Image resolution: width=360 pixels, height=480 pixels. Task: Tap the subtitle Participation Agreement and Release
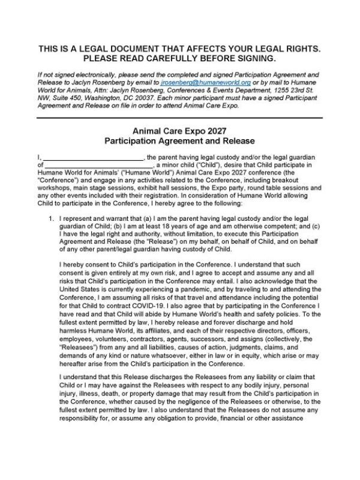click(x=179, y=140)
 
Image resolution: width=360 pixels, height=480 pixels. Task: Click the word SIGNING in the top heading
click(x=254, y=58)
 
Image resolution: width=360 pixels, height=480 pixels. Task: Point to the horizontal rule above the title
click(x=179, y=117)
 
